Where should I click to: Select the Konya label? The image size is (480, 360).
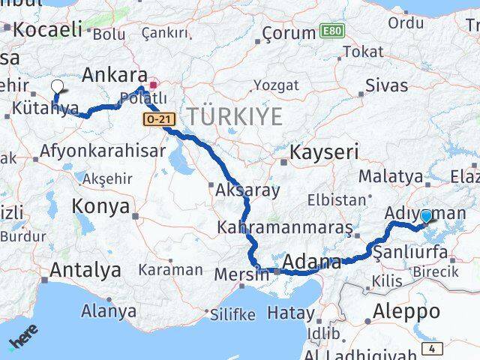(x=100, y=207)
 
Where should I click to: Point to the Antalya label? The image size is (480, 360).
(x=86, y=269)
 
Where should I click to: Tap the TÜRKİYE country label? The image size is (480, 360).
(x=235, y=117)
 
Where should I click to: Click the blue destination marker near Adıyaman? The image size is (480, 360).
(x=426, y=217)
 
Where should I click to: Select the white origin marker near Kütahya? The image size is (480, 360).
(x=58, y=86)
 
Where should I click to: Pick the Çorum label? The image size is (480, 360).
(x=289, y=34)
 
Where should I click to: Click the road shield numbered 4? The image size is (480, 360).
(x=432, y=349)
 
